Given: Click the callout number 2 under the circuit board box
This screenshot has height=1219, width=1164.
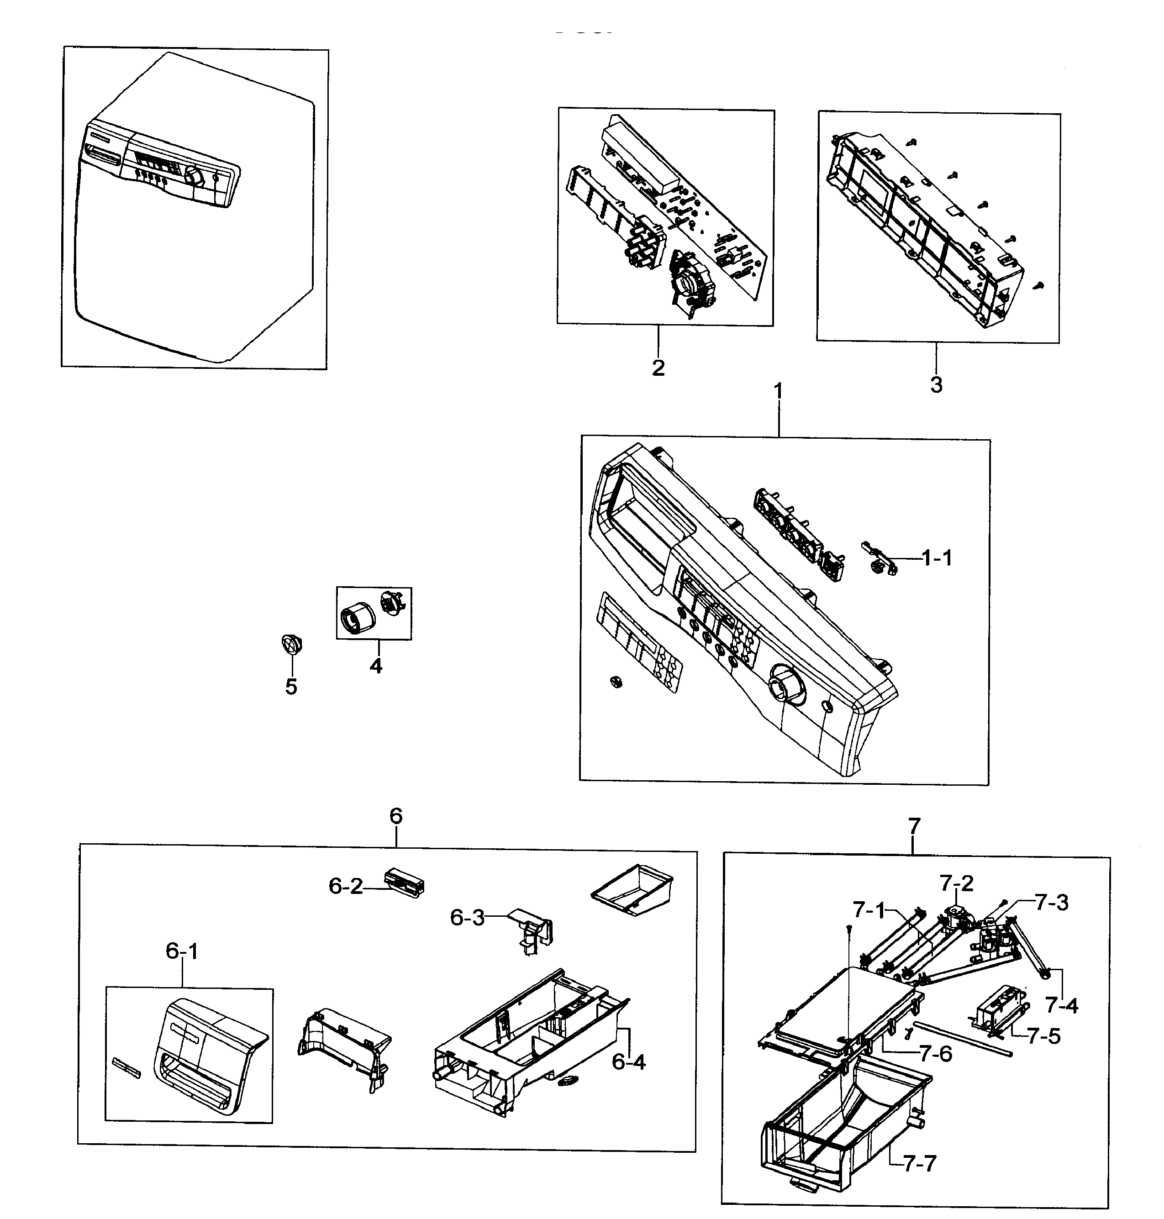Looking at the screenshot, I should pyautogui.click(x=658, y=368).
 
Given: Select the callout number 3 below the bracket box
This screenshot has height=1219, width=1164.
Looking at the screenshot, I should pyautogui.click(x=936, y=384).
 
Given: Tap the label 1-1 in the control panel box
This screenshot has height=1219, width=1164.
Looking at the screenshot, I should pyautogui.click(x=937, y=558).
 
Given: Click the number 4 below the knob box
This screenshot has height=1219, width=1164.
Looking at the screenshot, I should pyautogui.click(x=376, y=666).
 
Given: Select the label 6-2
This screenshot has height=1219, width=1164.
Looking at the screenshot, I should pyautogui.click(x=346, y=887).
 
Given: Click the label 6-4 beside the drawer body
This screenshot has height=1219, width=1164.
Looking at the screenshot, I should pyautogui.click(x=628, y=1062).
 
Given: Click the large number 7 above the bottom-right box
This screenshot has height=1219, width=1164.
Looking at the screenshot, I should pyautogui.click(x=914, y=826).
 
